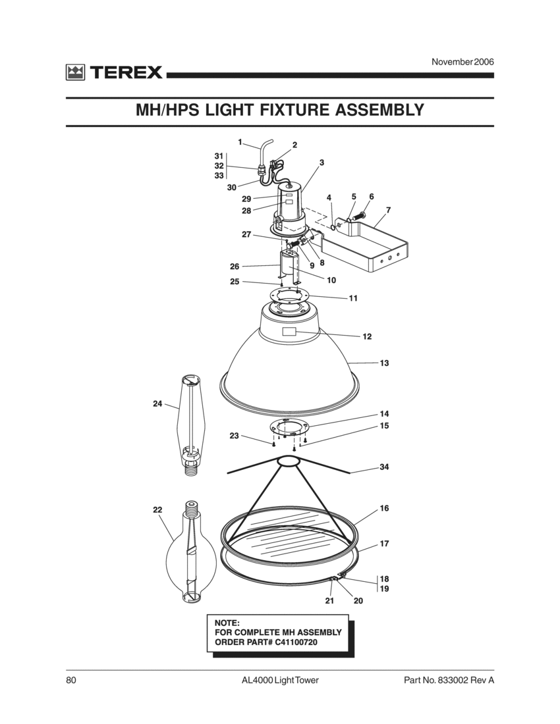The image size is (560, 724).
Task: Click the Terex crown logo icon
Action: click(x=74, y=72)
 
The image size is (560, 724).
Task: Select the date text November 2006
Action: click(x=462, y=62)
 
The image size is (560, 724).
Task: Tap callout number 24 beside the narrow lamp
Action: click(x=157, y=404)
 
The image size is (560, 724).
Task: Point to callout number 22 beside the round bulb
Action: click(x=157, y=509)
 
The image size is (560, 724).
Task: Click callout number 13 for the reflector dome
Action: click(x=384, y=363)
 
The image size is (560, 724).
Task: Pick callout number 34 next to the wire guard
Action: click(x=384, y=467)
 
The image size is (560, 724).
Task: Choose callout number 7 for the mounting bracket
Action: click(x=388, y=210)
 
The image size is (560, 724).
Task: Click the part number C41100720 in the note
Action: click(x=285, y=642)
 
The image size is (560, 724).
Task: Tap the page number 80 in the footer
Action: click(x=70, y=680)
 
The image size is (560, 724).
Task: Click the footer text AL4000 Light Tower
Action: click(x=280, y=680)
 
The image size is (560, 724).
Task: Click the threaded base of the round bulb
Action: click(x=193, y=508)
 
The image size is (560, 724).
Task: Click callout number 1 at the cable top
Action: click(x=240, y=142)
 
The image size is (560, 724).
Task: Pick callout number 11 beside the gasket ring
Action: click(x=353, y=298)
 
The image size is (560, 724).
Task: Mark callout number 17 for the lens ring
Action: click(x=384, y=544)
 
